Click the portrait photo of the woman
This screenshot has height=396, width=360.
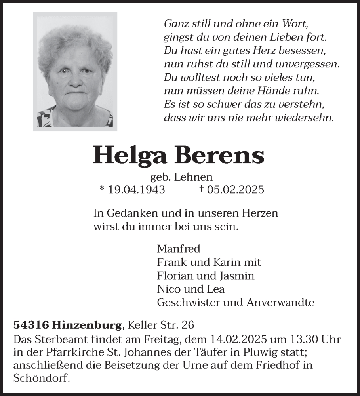(x=75, y=72)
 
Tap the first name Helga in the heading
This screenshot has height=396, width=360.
(x=130, y=155)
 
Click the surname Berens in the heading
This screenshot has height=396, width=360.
(x=220, y=155)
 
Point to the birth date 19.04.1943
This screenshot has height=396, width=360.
(x=137, y=190)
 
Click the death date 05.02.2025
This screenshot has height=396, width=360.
(x=235, y=190)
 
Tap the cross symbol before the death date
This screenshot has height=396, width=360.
(x=202, y=189)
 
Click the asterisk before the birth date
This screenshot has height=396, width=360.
(x=102, y=189)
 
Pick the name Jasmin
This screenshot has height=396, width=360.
(x=236, y=276)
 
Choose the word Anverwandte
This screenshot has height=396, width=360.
(x=280, y=303)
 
